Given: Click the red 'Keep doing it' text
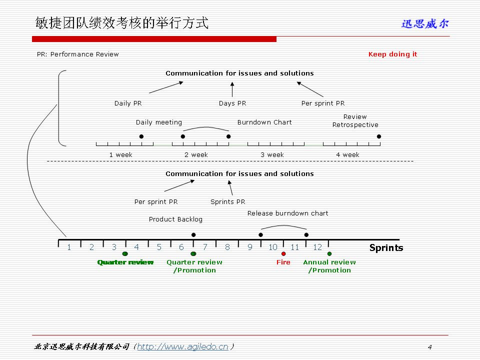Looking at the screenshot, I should point(392,54).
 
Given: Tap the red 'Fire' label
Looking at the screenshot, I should point(283,262).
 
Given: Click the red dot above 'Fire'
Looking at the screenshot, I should point(283,253).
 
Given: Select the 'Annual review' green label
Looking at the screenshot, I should point(329,262).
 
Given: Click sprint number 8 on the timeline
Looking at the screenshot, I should point(227,247).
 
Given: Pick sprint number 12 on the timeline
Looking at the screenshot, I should point(317,247).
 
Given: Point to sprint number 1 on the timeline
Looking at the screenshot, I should point(69,247).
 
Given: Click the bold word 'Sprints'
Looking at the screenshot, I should point(386,247).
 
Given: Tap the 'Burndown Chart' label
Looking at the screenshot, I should point(264,122).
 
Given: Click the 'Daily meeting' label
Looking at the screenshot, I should point(159,122).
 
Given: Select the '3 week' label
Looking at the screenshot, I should point(272,154).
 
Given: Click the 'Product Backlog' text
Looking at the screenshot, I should point(175,219).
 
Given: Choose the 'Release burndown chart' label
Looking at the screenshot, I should point(287,213).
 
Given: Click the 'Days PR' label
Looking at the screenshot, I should point(232,103).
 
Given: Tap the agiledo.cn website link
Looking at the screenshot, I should point(182,346).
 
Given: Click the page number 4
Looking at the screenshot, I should point(429,347).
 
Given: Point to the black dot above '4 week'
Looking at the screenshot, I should point(379,136).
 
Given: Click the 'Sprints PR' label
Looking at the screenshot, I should point(227,201).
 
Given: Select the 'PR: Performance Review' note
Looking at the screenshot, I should point(78,54).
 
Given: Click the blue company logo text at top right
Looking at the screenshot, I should point(425,23).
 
